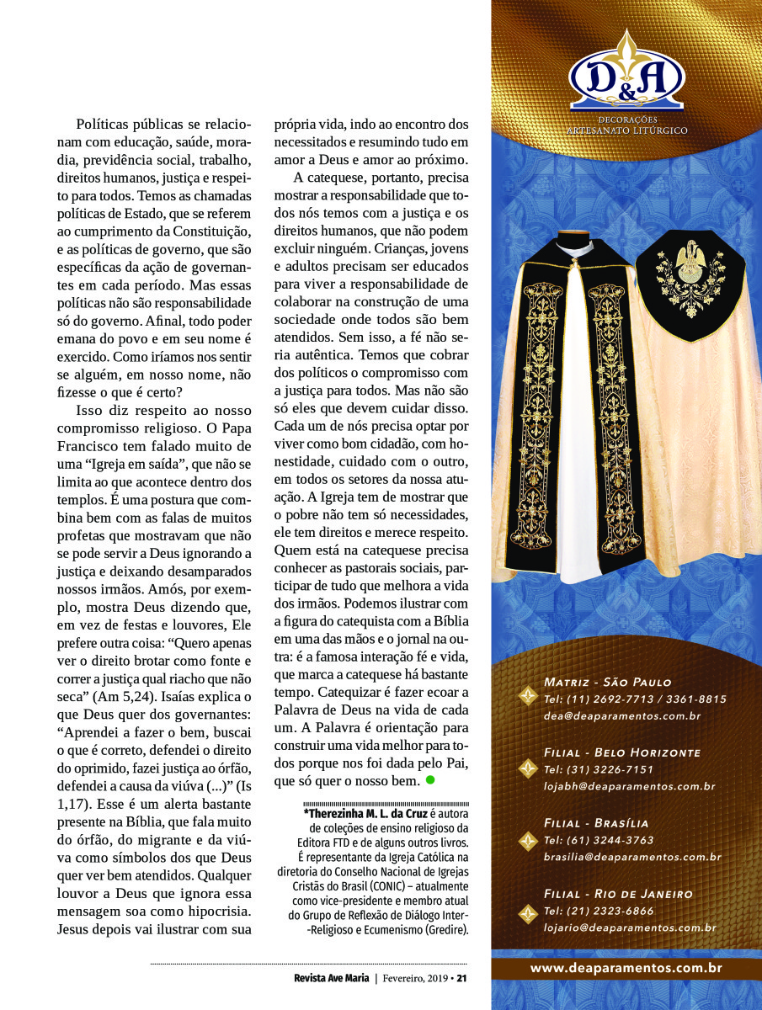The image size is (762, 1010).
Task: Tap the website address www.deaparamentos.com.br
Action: click(x=626, y=969)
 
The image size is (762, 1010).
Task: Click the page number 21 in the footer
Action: click(x=461, y=978)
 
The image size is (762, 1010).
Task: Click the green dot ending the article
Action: click(x=430, y=780)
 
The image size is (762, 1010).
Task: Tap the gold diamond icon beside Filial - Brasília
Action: click(x=528, y=839)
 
